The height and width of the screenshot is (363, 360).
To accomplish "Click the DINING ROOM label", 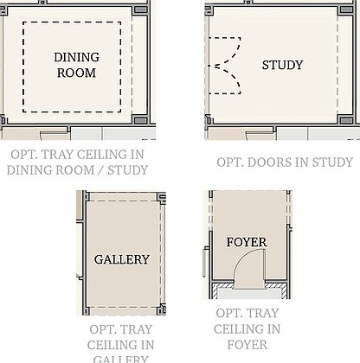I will [x=77, y=65].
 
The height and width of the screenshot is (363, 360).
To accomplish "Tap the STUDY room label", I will [x=282, y=65].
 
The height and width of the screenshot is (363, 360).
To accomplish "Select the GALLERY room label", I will [x=121, y=259].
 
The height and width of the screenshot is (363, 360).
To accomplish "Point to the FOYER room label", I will [x=246, y=242].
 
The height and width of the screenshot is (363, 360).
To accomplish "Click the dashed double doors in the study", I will [x=223, y=65].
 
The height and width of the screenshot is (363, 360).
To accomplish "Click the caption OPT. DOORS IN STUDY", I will [x=284, y=162].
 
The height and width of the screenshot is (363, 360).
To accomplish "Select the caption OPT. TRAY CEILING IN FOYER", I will [x=247, y=328].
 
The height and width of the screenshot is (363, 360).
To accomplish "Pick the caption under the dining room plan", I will [x=77, y=162].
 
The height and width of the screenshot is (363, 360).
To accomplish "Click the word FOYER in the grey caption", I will [x=247, y=344].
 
